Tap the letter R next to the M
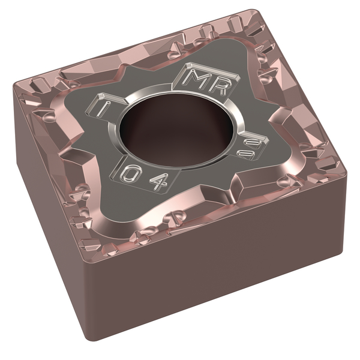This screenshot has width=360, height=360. click(x=219, y=86)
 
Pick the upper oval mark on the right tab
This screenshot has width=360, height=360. click(x=253, y=144)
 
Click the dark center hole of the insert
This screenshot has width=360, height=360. click(x=177, y=131)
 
